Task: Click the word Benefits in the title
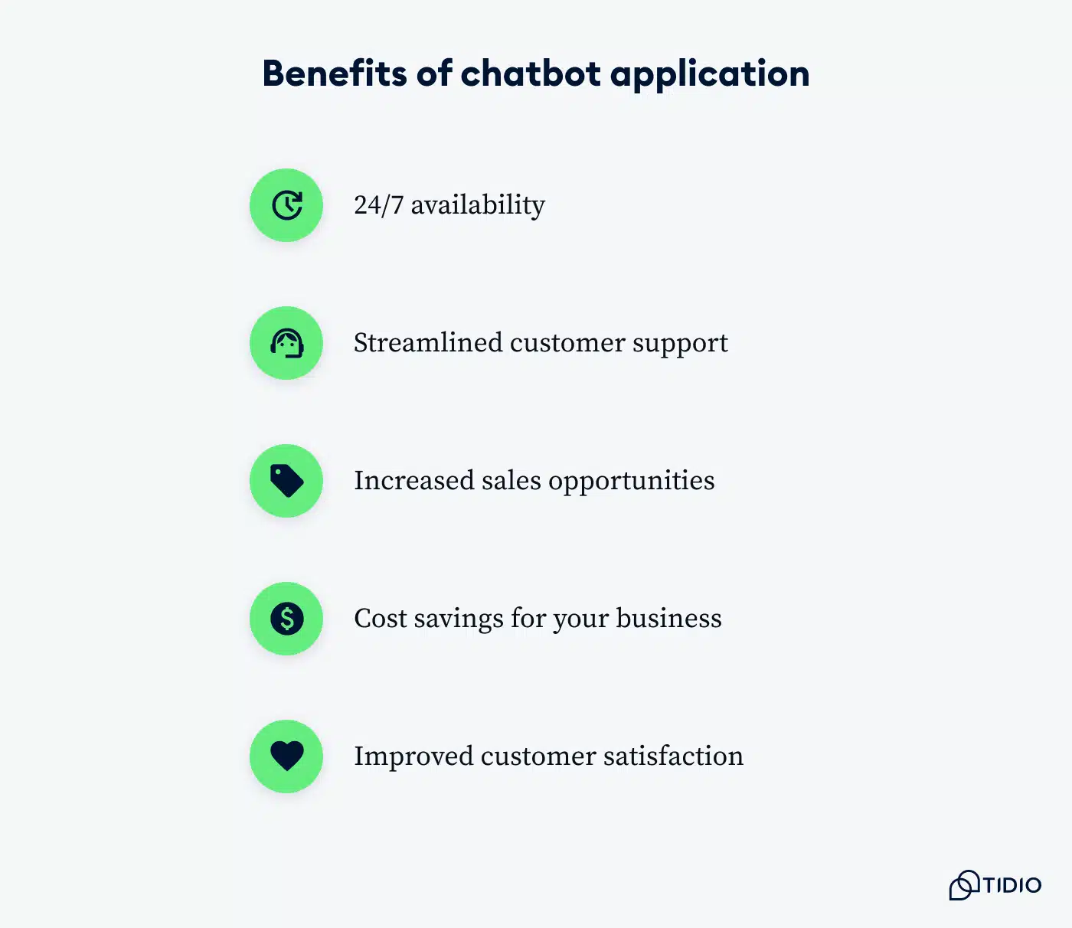pyautogui.click(x=335, y=74)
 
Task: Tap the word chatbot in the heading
pyautogui.click(x=531, y=74)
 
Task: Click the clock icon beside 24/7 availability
pyautogui.click(x=286, y=205)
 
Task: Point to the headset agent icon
pyautogui.click(x=286, y=343)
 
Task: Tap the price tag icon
pyautogui.click(x=286, y=481)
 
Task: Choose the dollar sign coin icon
pyautogui.click(x=286, y=619)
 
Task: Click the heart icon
pyautogui.click(x=286, y=756)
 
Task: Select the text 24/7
pyautogui.click(x=378, y=205)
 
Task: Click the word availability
pyautogui.click(x=478, y=205)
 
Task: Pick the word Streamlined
pyautogui.click(x=427, y=343)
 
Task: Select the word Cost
pyautogui.click(x=381, y=619)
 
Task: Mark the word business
pyautogui.click(x=668, y=619)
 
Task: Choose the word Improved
pyautogui.click(x=413, y=757)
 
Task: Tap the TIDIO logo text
pyautogui.click(x=1012, y=886)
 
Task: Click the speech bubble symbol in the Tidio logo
pyautogui.click(x=964, y=885)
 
